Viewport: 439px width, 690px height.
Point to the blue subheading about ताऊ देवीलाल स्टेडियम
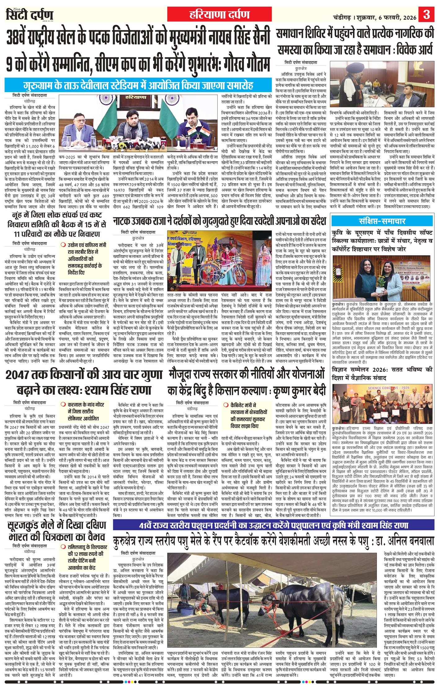click(138, 85)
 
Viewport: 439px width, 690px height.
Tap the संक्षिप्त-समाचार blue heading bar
click(382, 221)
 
